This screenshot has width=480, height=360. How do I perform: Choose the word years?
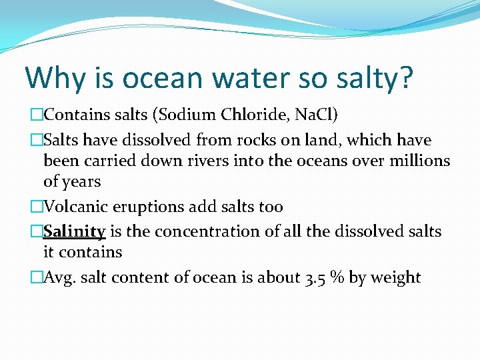(x=81, y=182)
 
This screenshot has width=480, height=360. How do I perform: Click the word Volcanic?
(x=74, y=207)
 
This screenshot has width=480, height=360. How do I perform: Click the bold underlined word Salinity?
(x=74, y=232)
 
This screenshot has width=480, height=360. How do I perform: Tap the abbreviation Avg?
(x=59, y=278)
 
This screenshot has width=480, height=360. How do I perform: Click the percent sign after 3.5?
(x=337, y=277)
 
